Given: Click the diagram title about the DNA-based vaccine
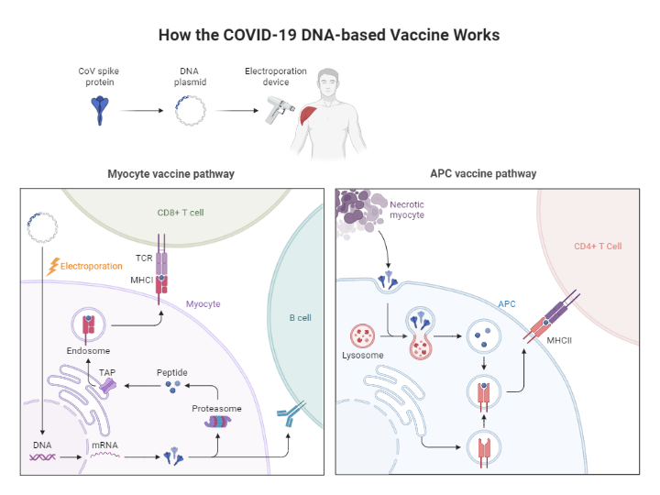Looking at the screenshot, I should (329, 36).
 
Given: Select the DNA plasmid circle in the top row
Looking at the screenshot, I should (190, 111).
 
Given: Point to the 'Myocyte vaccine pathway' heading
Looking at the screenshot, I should (170, 173).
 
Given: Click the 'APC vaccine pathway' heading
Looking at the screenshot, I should (483, 173).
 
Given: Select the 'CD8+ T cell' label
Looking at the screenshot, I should (181, 213).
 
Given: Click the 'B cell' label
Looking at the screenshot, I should (301, 318).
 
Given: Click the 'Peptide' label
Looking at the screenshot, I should (171, 372).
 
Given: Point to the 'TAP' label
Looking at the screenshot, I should (107, 372).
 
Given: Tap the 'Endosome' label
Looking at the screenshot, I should (88, 351).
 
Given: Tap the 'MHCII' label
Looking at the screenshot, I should (560, 341).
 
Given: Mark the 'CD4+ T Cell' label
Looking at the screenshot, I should (598, 246).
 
